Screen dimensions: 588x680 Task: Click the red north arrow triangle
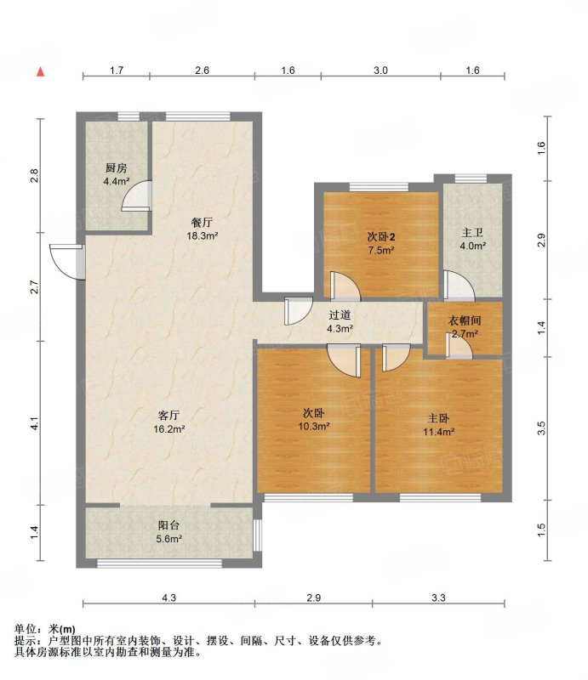click(x=40, y=71)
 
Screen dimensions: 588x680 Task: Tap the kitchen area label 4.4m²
click(x=117, y=181)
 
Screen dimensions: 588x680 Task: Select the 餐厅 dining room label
click(x=202, y=223)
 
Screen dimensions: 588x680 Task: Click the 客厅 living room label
click(x=168, y=416)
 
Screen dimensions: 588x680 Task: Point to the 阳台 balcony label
click(x=168, y=525)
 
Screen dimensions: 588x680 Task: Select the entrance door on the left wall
click(x=66, y=262)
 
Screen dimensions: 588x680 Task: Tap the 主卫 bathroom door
click(x=459, y=285)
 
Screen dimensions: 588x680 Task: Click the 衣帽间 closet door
click(x=459, y=346)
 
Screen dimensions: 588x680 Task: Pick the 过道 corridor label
click(x=340, y=315)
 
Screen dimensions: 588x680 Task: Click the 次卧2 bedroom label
click(x=381, y=237)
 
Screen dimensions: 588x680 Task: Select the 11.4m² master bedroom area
click(x=438, y=432)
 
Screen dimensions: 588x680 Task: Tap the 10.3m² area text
click(x=313, y=427)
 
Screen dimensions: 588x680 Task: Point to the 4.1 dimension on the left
click(x=35, y=423)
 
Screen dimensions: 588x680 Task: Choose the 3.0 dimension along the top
click(x=381, y=71)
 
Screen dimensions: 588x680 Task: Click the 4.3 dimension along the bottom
click(x=169, y=598)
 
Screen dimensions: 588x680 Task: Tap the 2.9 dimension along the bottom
click(x=313, y=598)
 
